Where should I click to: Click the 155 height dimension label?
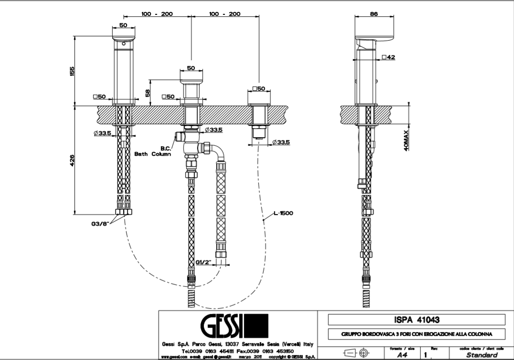tap(72, 71)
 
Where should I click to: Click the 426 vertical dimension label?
tap(72, 160)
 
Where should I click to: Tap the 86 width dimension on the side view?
tap(374, 14)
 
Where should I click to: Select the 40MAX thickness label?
tap(406, 140)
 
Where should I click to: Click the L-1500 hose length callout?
tap(283, 213)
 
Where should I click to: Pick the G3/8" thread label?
tap(101, 222)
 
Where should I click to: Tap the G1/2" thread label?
tap(204, 262)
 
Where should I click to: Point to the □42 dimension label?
tap(388, 57)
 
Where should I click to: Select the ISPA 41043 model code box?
tap(416, 319)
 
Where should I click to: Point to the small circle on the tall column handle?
tap(124, 44)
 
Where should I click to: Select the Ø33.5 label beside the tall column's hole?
tap(102, 132)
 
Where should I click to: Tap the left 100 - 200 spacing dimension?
tap(157, 14)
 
